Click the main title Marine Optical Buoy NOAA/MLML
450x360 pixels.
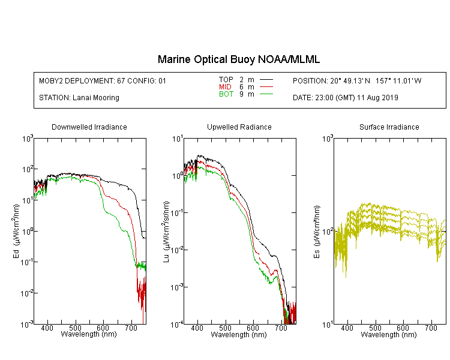[x=239, y=59]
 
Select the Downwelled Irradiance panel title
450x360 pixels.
[x=89, y=127]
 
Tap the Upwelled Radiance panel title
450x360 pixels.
[x=239, y=127]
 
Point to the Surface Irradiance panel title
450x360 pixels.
[x=389, y=127]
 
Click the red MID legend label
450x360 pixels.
[x=225, y=86]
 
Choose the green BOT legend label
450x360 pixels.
[x=226, y=94]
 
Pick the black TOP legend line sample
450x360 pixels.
[x=266, y=79]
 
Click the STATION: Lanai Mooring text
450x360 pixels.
[x=79, y=98]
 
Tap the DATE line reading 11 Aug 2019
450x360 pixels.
[x=346, y=98]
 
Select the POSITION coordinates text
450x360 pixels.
[x=357, y=80]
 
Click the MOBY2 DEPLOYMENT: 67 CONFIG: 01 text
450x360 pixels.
[x=103, y=80]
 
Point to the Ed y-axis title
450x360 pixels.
[x=16, y=231]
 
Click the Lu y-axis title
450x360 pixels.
[x=166, y=232]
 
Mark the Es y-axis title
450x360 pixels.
[x=316, y=232]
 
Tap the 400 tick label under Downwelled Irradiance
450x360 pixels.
[x=47, y=328]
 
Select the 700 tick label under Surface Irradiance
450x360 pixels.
[x=431, y=328]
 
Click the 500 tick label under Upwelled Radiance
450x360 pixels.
[x=225, y=328]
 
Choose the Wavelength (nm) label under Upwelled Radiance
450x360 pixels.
[x=239, y=335]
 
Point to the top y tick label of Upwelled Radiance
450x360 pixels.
[x=178, y=139]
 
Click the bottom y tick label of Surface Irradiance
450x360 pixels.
[x=328, y=325]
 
